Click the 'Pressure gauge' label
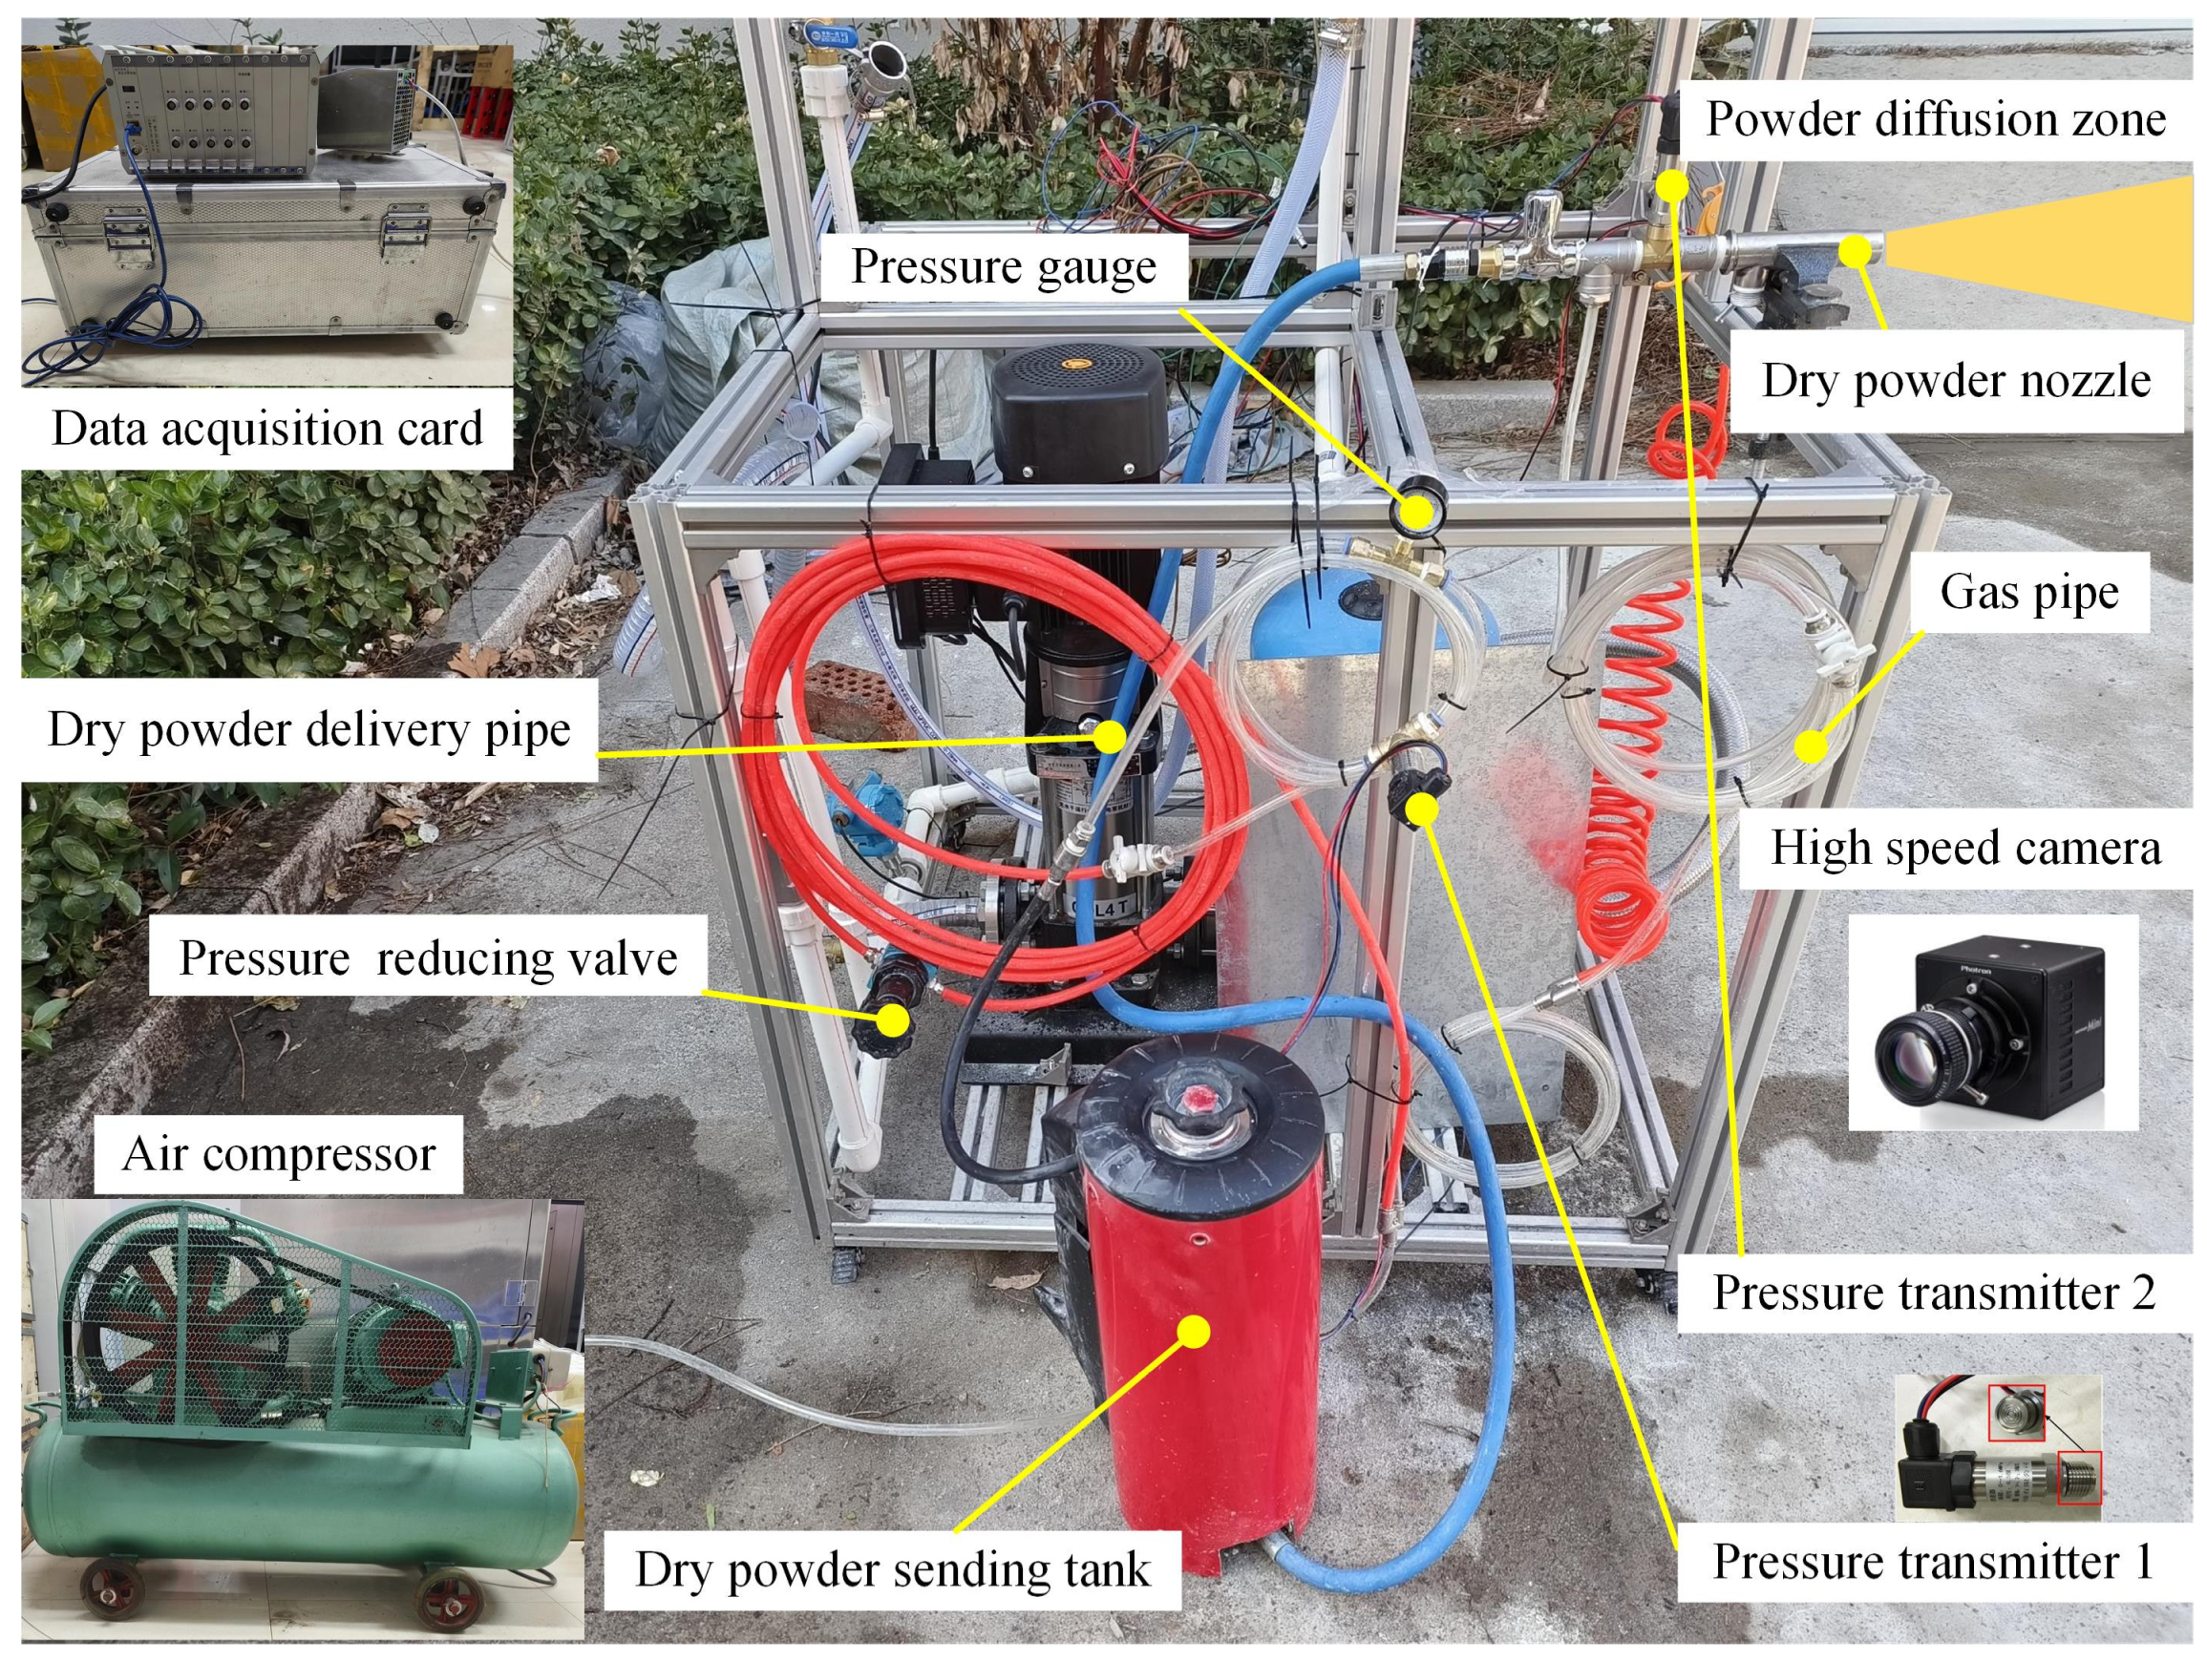click(x=1004, y=266)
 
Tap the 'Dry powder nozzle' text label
click(x=1956, y=380)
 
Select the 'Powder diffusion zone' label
click(x=1936, y=118)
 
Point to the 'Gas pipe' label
click(x=2028, y=592)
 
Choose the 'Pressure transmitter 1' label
click(x=1933, y=1561)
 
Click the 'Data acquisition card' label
click(x=267, y=428)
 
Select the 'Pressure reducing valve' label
click(x=428, y=957)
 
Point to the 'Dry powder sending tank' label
click(x=893, y=1569)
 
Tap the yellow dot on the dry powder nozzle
click(x=1854, y=250)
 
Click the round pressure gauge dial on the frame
click(x=1413, y=513)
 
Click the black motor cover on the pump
click(x=1077, y=418)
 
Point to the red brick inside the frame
click(x=858, y=700)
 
